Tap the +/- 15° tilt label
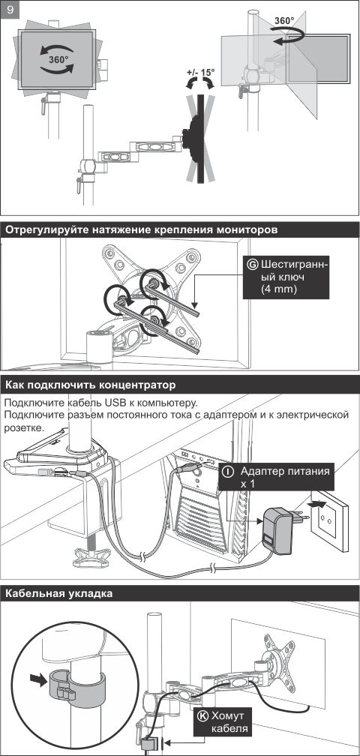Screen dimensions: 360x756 click(200, 73)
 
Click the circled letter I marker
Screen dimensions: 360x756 click(227, 472)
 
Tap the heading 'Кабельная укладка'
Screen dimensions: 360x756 click(58, 593)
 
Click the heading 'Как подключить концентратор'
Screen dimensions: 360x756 click(90, 385)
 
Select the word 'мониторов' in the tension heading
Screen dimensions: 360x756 click(244, 230)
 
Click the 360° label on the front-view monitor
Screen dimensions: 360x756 click(58, 61)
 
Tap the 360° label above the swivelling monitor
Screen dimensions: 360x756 click(283, 21)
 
